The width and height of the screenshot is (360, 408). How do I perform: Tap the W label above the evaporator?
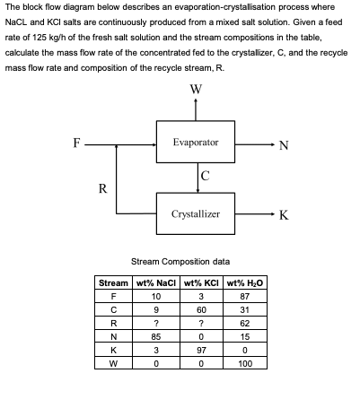click(196, 88)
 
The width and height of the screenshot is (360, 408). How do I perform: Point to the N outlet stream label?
click(284, 147)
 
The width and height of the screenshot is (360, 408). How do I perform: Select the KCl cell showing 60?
click(202, 308)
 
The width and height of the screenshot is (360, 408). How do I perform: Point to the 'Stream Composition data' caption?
click(180, 261)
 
